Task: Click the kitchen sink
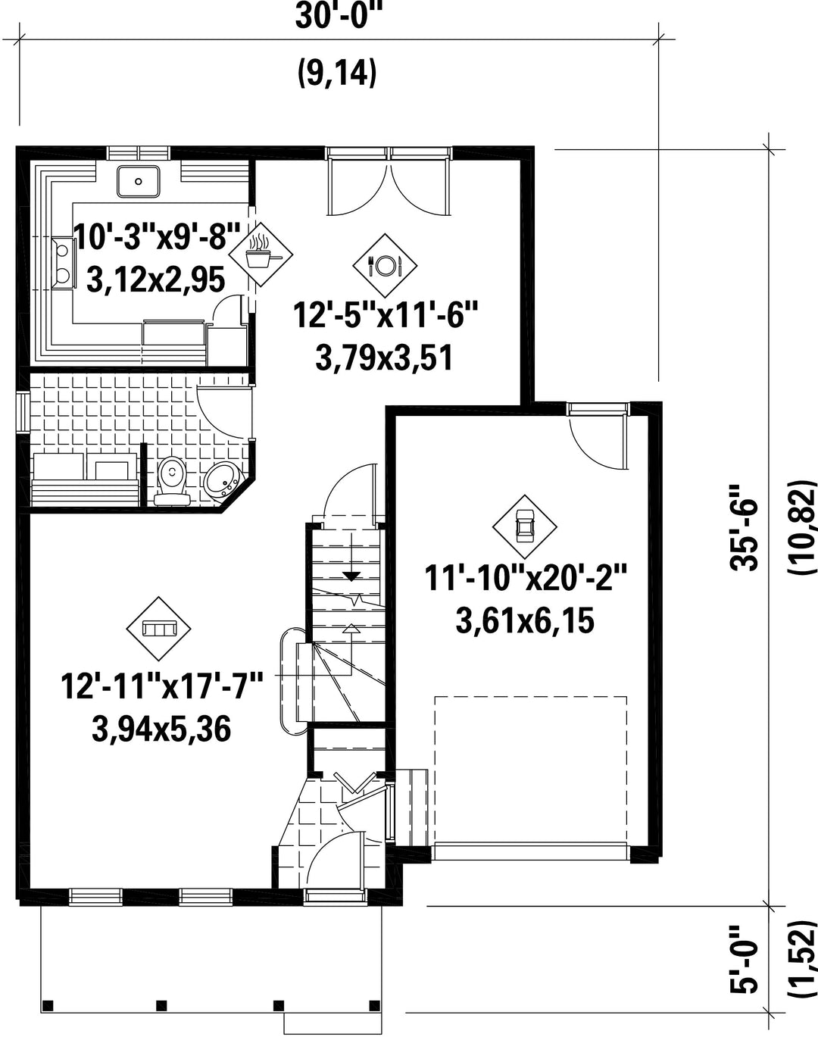pos(139,181)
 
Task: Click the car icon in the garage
pos(524,526)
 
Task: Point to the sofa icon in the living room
pos(158,629)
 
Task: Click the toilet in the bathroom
pos(172,481)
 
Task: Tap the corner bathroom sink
pos(220,479)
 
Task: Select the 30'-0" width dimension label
pos(336,17)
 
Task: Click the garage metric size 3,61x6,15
pos(524,621)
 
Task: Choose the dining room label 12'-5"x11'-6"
pos(386,315)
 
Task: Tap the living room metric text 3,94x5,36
pos(161,729)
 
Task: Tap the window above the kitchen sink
pos(139,153)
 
